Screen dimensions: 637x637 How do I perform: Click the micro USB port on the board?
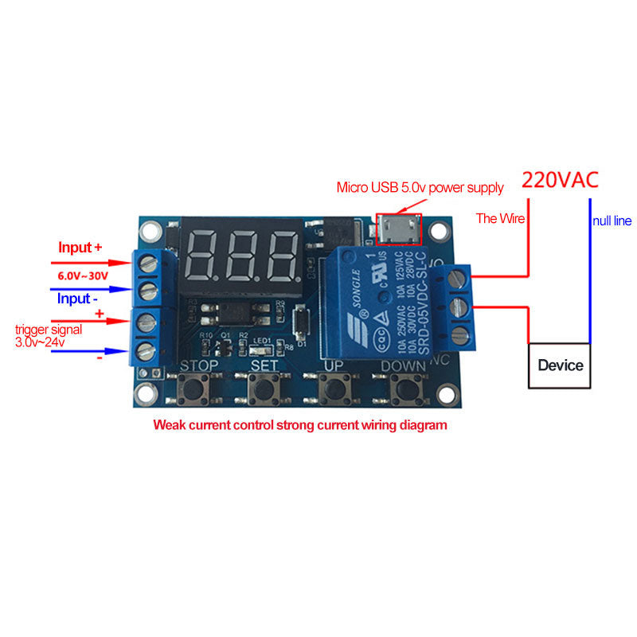point(397,229)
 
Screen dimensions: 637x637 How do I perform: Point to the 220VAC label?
point(559,180)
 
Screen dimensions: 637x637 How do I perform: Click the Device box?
point(561,366)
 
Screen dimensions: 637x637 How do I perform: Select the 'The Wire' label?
point(500,218)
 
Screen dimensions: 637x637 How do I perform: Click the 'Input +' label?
point(80,248)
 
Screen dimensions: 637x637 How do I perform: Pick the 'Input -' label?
point(77,299)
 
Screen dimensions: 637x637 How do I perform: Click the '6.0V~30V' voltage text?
point(82,275)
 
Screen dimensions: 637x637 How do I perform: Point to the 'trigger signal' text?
point(47,329)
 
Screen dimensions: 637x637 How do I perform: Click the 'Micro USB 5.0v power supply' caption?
point(420,188)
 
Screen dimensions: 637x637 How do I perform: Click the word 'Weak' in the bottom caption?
point(170,425)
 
